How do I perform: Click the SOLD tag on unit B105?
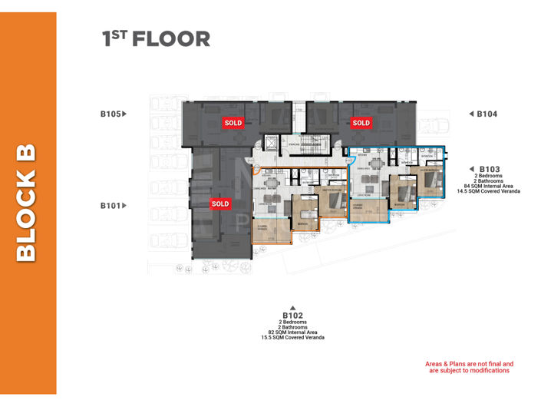(233, 122)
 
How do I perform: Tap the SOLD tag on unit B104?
(361, 122)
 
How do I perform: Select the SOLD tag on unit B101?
(220, 203)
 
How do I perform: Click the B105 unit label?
(110, 114)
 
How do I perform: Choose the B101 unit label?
(110, 206)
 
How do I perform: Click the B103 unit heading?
(490, 168)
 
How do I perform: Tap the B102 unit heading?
(292, 315)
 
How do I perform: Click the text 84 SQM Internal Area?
(490, 185)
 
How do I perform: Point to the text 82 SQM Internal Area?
(292, 333)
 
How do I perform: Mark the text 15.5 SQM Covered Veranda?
(292, 338)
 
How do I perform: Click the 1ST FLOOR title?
(156, 39)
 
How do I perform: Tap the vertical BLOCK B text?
(27, 203)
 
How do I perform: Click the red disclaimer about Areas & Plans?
(469, 367)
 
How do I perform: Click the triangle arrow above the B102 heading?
(292, 307)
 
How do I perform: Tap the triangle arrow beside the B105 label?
(124, 114)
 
